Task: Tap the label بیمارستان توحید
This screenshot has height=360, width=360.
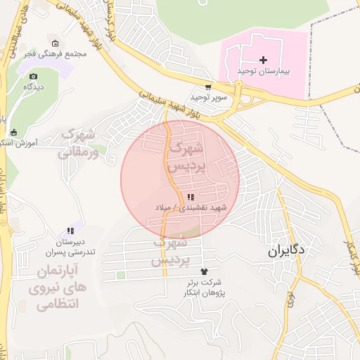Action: point(264,71)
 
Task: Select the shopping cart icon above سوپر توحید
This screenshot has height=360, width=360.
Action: point(210,87)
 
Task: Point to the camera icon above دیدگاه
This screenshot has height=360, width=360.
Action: point(33,76)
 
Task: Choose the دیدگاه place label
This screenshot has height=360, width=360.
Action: point(34,86)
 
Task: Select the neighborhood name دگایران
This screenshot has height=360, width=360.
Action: point(287,250)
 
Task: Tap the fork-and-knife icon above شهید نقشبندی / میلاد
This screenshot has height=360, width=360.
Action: point(191,198)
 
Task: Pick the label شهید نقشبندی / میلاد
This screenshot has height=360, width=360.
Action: point(191,208)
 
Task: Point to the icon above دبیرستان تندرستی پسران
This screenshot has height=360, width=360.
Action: point(70,231)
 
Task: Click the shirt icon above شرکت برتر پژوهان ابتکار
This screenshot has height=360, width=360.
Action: point(205,271)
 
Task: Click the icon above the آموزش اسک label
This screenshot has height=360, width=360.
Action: point(13,132)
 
